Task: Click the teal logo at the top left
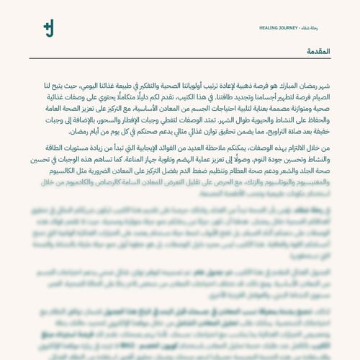click(x=48, y=29)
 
